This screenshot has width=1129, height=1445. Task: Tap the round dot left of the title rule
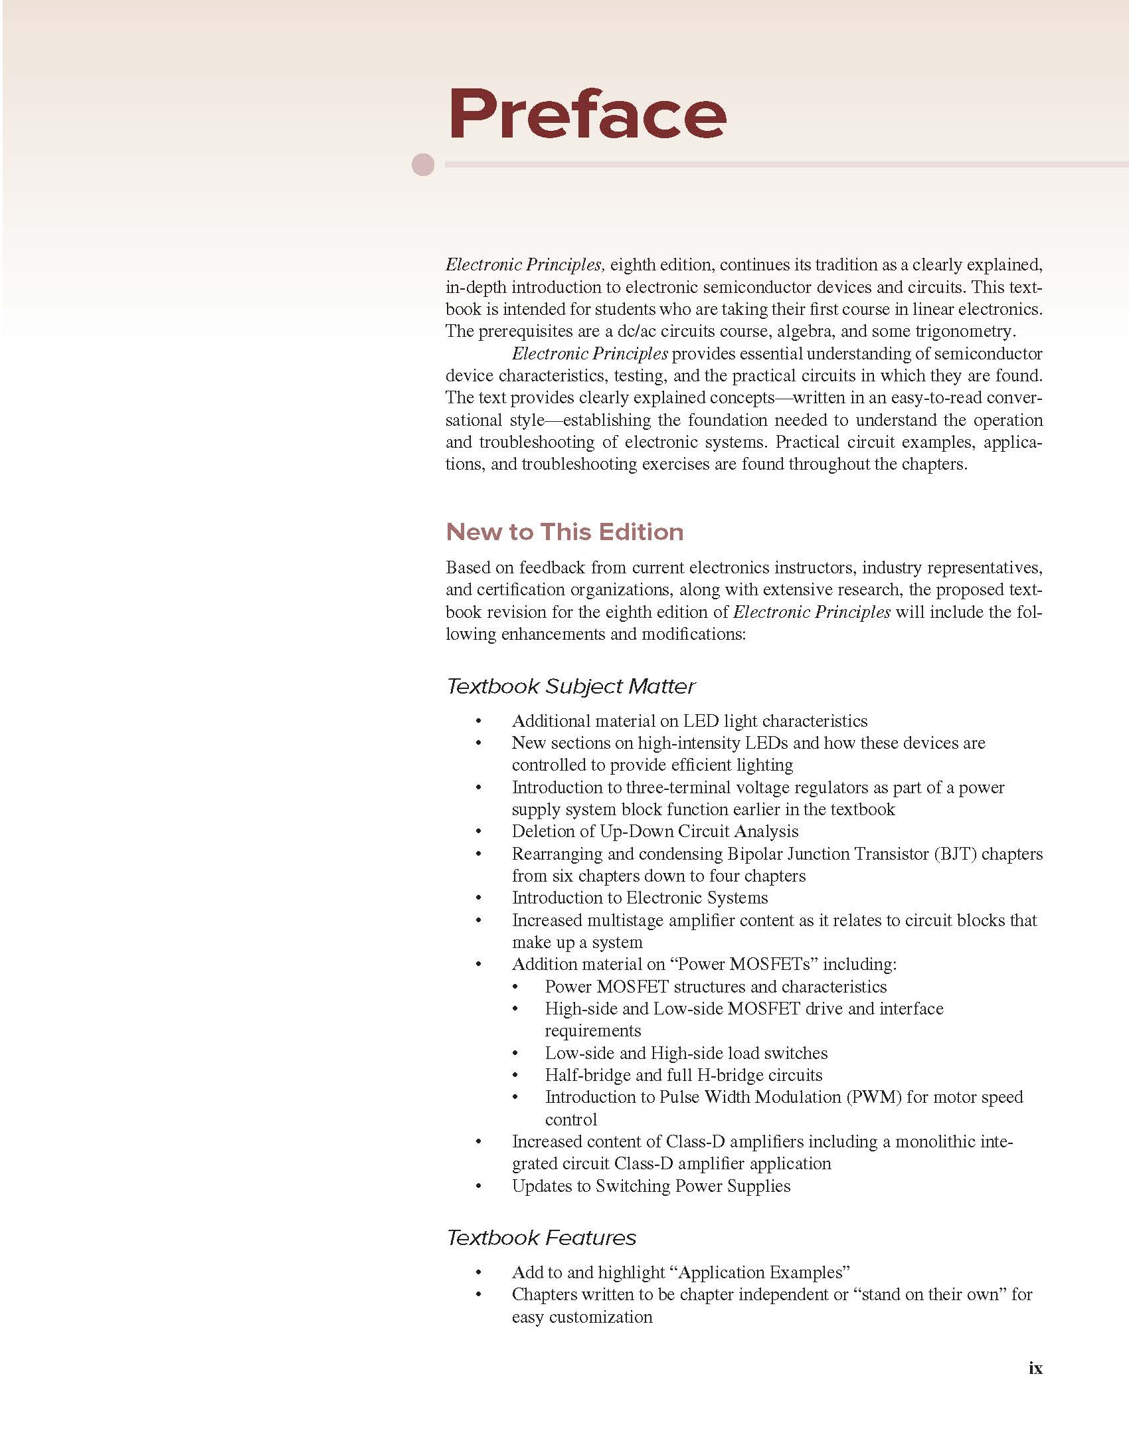pos(423,164)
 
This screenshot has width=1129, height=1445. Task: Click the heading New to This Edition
pos(564,531)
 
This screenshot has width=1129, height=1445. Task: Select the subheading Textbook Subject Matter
pos(570,686)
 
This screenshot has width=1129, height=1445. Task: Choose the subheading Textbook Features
pos(541,1237)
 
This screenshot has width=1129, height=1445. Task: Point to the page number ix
pos(1035,1368)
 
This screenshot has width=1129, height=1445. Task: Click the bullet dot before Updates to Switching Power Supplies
pos(478,1187)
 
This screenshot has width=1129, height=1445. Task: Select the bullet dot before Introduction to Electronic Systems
pos(478,898)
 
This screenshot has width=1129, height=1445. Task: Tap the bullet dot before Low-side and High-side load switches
pos(515,1054)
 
